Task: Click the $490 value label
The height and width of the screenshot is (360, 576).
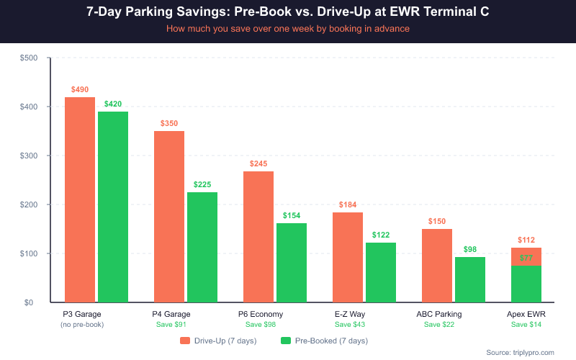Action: click(80, 89)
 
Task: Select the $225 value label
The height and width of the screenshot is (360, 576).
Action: click(202, 184)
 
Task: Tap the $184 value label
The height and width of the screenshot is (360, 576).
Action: click(348, 204)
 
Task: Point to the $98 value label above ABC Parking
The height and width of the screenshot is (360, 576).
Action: click(470, 249)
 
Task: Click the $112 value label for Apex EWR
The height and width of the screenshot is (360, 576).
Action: click(526, 240)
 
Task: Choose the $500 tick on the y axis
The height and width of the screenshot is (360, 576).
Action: click(30, 58)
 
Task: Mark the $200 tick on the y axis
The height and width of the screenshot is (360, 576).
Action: click(30, 204)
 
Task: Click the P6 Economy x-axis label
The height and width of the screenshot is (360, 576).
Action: click(261, 314)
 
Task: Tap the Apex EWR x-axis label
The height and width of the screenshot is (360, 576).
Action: click(526, 314)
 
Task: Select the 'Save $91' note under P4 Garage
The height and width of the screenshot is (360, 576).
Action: click(171, 325)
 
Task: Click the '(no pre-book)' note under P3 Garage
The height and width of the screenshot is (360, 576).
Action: click(82, 325)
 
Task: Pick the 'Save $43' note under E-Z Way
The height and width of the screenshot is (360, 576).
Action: click(350, 325)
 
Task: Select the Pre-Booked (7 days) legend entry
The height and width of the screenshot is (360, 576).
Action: click(323, 340)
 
